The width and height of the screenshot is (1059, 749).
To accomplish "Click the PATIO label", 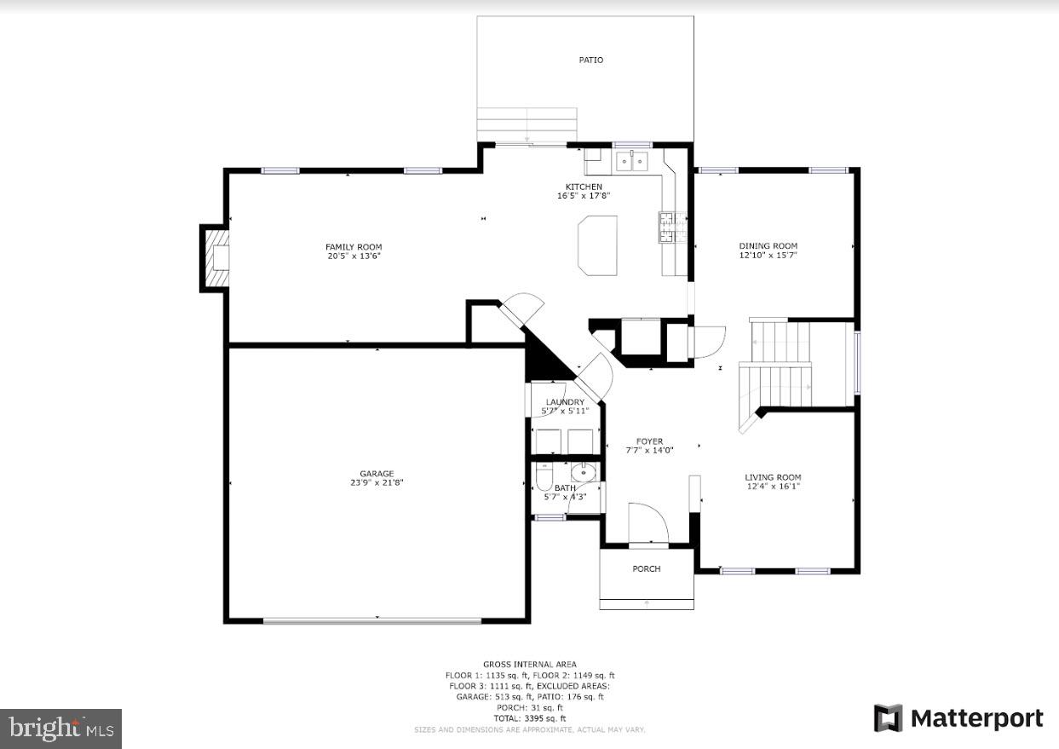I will point(590,60).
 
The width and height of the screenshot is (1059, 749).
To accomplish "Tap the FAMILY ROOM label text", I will point(353,247).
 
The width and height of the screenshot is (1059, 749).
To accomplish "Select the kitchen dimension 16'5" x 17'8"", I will point(584,196).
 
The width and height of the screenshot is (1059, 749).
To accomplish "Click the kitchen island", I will point(597,243).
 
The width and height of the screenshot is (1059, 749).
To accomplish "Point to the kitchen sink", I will point(632,159).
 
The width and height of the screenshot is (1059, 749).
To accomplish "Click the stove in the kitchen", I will point(665,228).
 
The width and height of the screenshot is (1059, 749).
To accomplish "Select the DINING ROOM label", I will point(768,246).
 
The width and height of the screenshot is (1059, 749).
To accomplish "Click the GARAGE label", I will point(377,474).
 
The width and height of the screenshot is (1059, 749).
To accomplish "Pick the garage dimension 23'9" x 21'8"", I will point(377,483).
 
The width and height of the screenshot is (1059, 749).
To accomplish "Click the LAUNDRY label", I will point(565,402).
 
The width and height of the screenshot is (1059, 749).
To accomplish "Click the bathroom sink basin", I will point(583,473).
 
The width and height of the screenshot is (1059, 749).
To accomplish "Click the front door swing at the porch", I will point(647,521).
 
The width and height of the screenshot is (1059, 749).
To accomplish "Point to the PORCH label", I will point(647,568).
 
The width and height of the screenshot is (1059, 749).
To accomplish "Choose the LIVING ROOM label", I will point(773,477).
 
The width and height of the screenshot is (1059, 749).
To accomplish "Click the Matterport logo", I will point(958,718).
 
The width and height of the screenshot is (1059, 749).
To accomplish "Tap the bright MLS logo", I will point(60,729).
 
